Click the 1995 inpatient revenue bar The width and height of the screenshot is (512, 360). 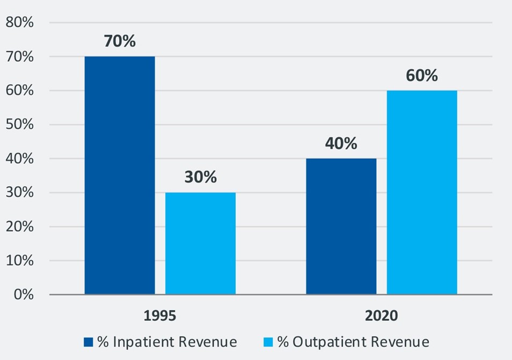click(120, 175)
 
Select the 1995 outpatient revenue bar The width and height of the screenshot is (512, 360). click(200, 244)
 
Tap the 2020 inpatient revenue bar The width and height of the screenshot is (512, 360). click(341, 226)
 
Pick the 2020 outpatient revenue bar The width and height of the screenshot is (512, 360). click(422, 193)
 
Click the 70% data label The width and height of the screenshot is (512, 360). click(120, 41)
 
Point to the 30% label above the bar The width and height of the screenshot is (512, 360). click(200, 177)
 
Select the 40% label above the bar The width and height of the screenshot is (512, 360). click(341, 143)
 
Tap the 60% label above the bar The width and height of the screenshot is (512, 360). click(421, 75)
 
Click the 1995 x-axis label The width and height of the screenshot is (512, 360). click(159, 315)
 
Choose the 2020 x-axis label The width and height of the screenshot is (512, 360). click(382, 315)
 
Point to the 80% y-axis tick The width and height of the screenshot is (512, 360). click(19, 23)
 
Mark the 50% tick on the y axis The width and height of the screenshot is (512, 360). click(19, 124)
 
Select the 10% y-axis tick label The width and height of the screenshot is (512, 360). click(19, 261)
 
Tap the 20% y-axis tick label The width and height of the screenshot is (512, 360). click(19, 226)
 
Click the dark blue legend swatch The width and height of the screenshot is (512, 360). click(89, 342)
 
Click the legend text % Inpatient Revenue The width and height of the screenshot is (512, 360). click(167, 342)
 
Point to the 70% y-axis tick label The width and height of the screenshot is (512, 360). click(19, 56)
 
